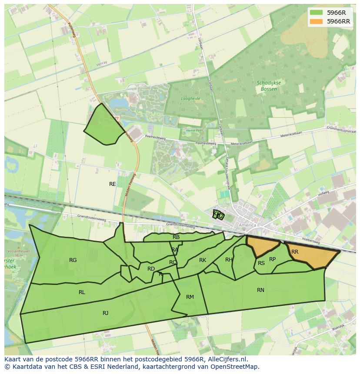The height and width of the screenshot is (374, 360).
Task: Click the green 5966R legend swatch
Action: coord(317,13)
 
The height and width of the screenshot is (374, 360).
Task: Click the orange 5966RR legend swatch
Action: coord(317,21)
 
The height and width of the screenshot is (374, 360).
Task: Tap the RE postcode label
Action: coord(113,184)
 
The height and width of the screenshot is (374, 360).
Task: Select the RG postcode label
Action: coord(73,260)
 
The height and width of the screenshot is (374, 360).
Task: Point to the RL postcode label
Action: coord(82,292)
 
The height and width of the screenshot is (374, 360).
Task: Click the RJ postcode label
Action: coord(106,313)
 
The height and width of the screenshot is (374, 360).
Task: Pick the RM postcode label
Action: coord(190,297)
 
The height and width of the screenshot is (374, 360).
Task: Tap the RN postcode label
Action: coord(260,290)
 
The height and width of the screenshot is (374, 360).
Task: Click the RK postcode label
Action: coord(203,260)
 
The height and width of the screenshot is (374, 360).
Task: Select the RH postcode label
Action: coord(229,260)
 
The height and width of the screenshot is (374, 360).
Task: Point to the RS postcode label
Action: coord(261,263)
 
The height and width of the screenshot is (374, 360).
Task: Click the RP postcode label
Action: coord(273,259)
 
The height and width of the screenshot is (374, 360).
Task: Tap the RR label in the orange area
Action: coord(295,252)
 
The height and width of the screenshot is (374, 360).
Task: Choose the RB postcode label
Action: coord(176,237)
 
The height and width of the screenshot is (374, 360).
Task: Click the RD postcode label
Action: coord(151,269)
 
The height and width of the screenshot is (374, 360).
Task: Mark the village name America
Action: coord(247,225)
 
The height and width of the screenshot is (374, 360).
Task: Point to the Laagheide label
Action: coord(190,99)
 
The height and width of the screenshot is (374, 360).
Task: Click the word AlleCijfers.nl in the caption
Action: coord(226,359)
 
